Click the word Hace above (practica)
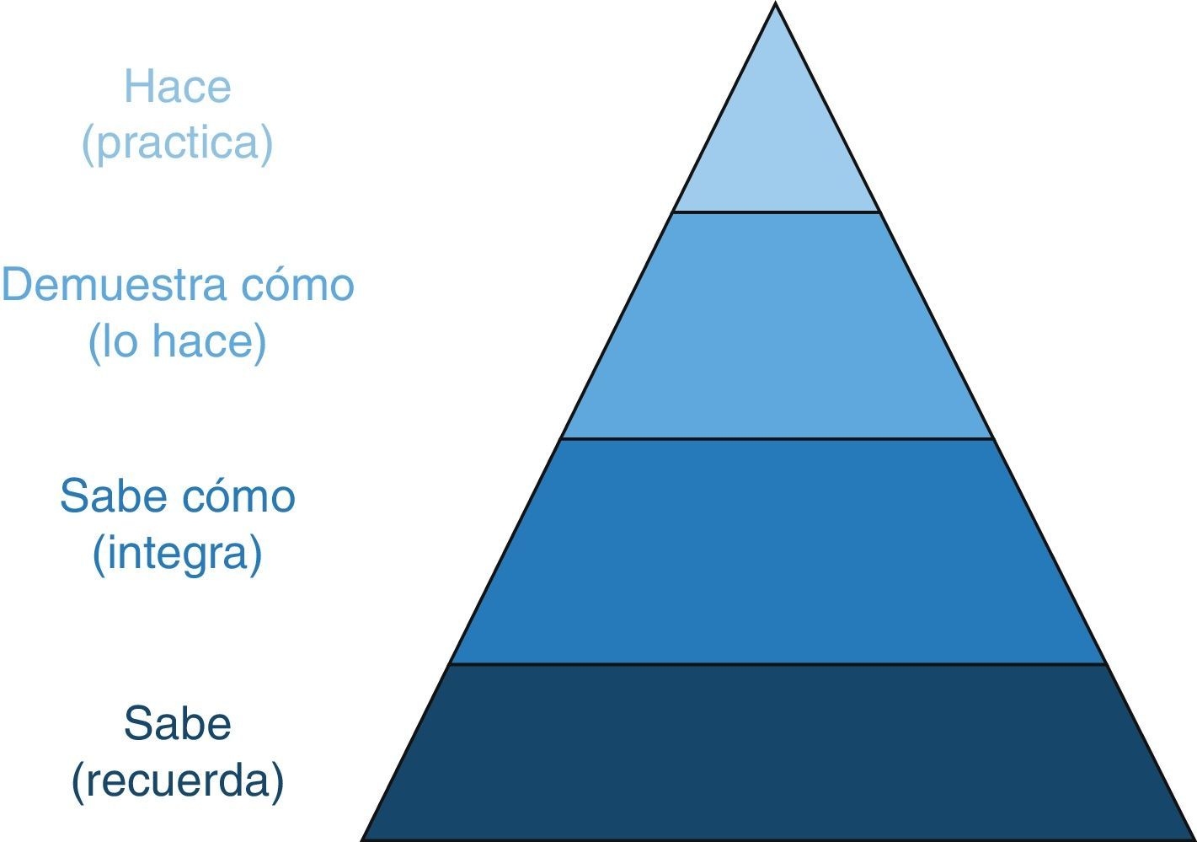(x=177, y=86)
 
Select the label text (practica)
(x=177, y=142)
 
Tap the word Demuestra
(x=116, y=285)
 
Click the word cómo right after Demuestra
(x=297, y=285)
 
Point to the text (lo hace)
(x=177, y=341)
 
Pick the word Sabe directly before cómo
(x=109, y=496)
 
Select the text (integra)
(x=177, y=553)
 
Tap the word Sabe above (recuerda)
(x=177, y=723)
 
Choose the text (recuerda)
(x=177, y=780)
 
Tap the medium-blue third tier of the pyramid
(x=776, y=551)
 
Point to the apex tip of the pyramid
(x=776, y=5)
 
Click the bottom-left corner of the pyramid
(x=364, y=839)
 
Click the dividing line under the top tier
(x=776, y=212)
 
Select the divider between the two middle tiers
(x=776, y=438)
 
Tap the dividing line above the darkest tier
(x=776, y=664)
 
